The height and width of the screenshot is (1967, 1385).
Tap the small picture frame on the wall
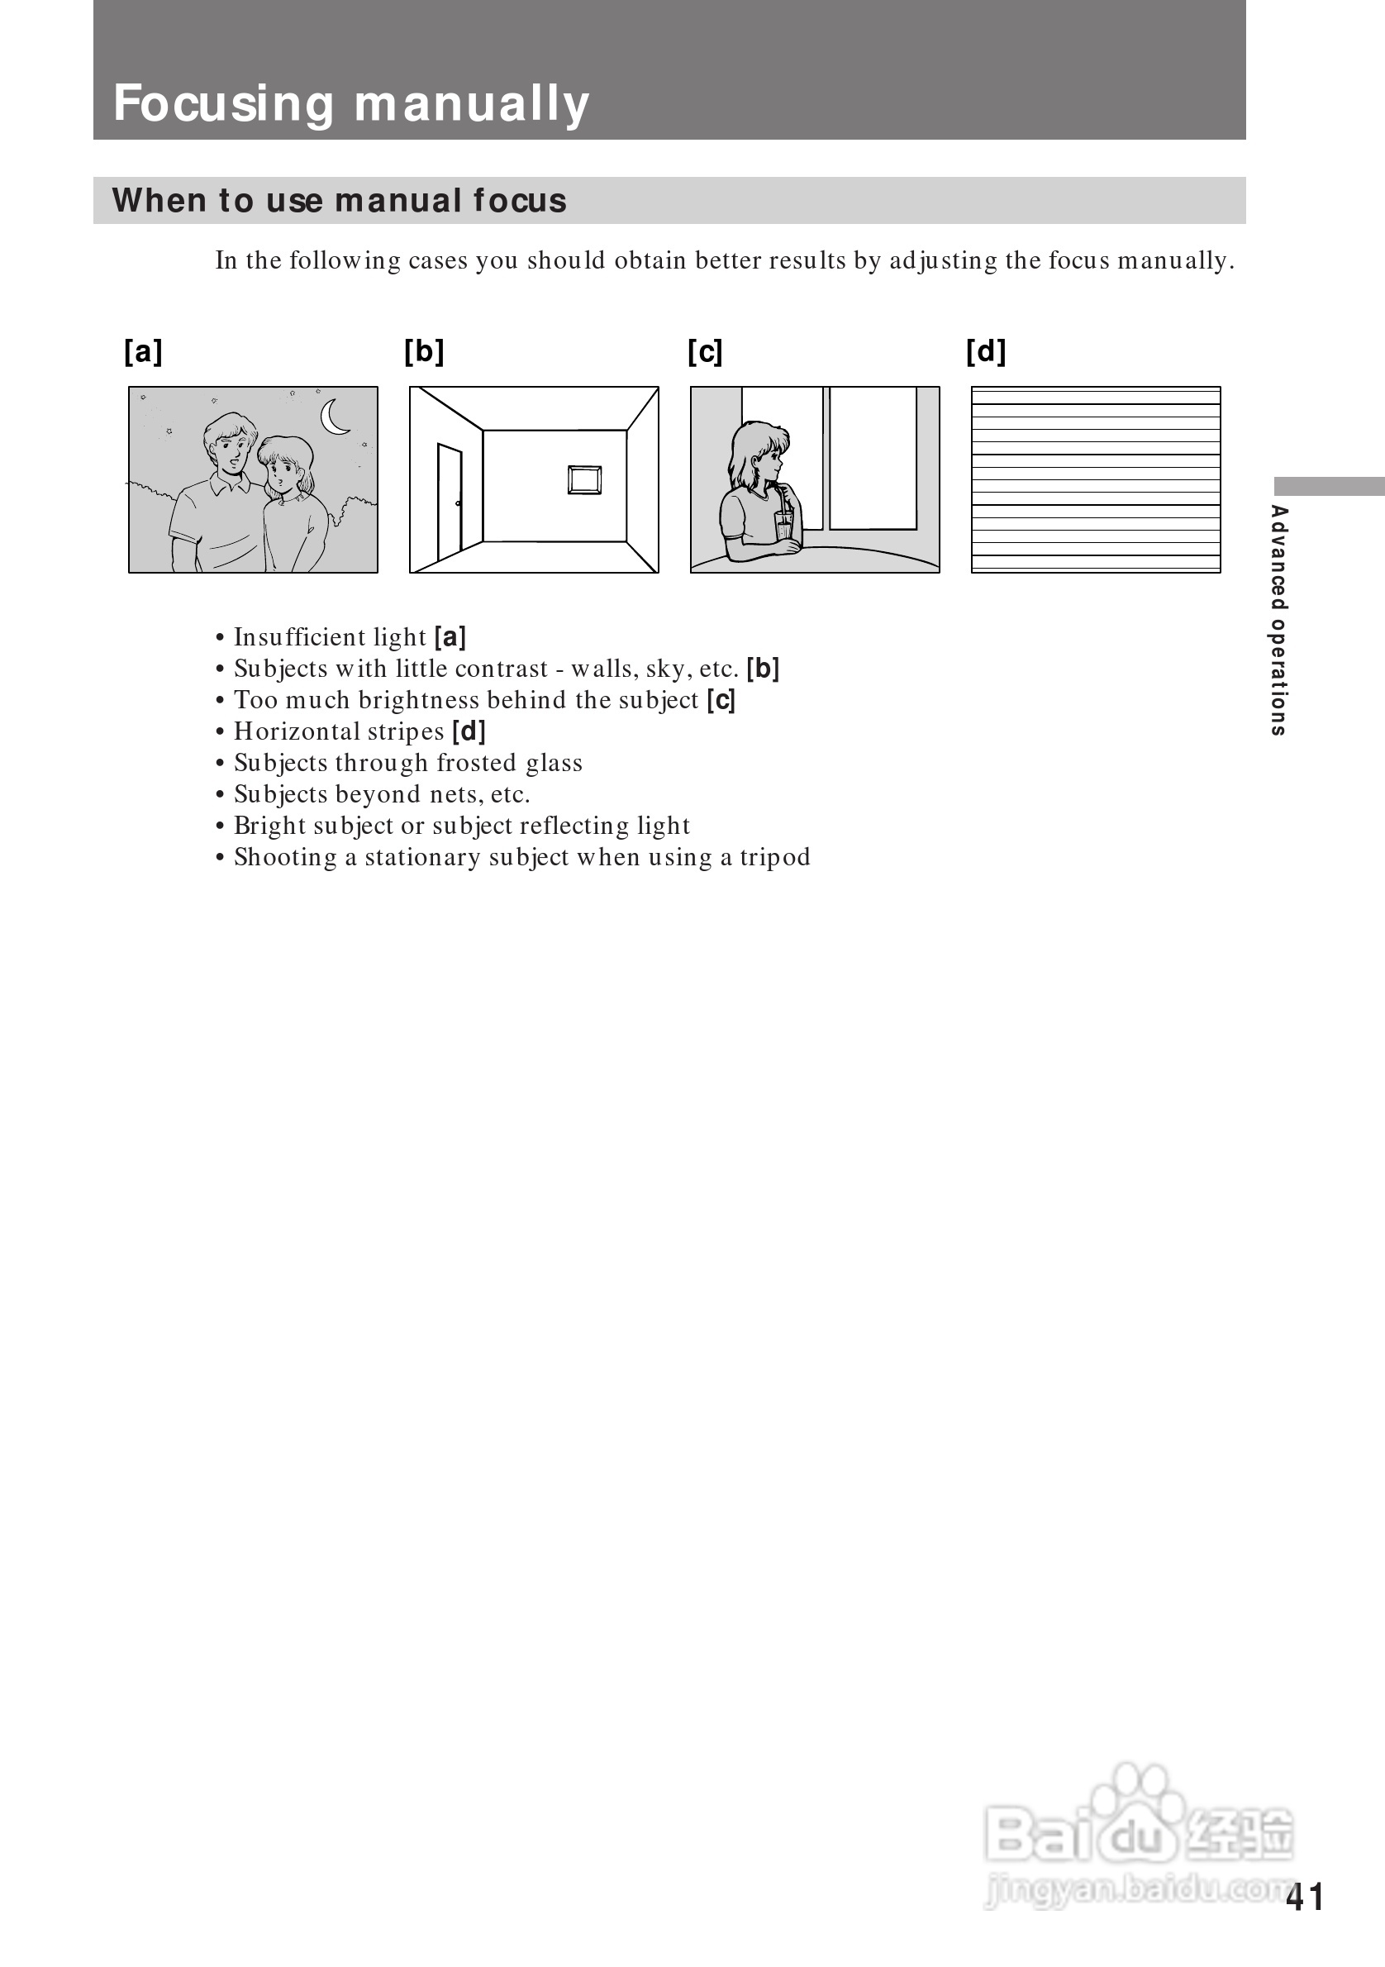[x=584, y=479]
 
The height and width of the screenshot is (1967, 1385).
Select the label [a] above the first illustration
[x=143, y=351]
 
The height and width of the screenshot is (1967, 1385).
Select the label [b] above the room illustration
[x=424, y=351]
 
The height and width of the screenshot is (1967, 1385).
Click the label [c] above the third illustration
[x=705, y=351]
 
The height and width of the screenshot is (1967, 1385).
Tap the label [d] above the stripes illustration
[x=986, y=351]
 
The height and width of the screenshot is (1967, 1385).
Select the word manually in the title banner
[x=471, y=104]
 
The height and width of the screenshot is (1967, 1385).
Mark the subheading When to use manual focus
[x=339, y=201]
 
